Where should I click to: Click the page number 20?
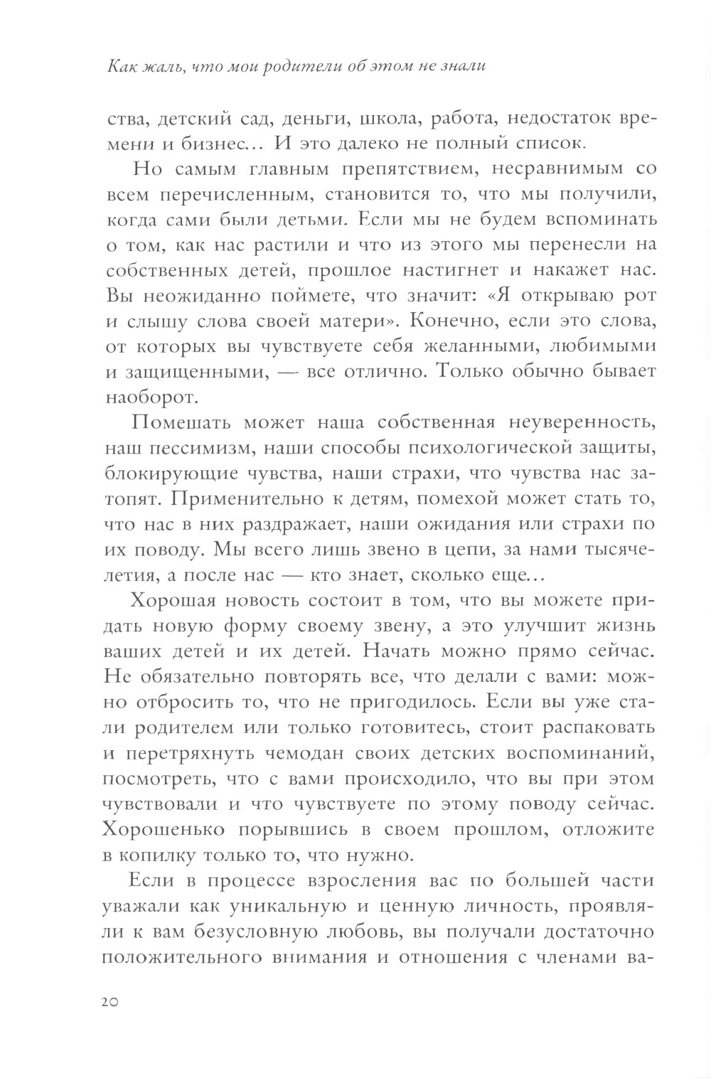[113, 1001]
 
